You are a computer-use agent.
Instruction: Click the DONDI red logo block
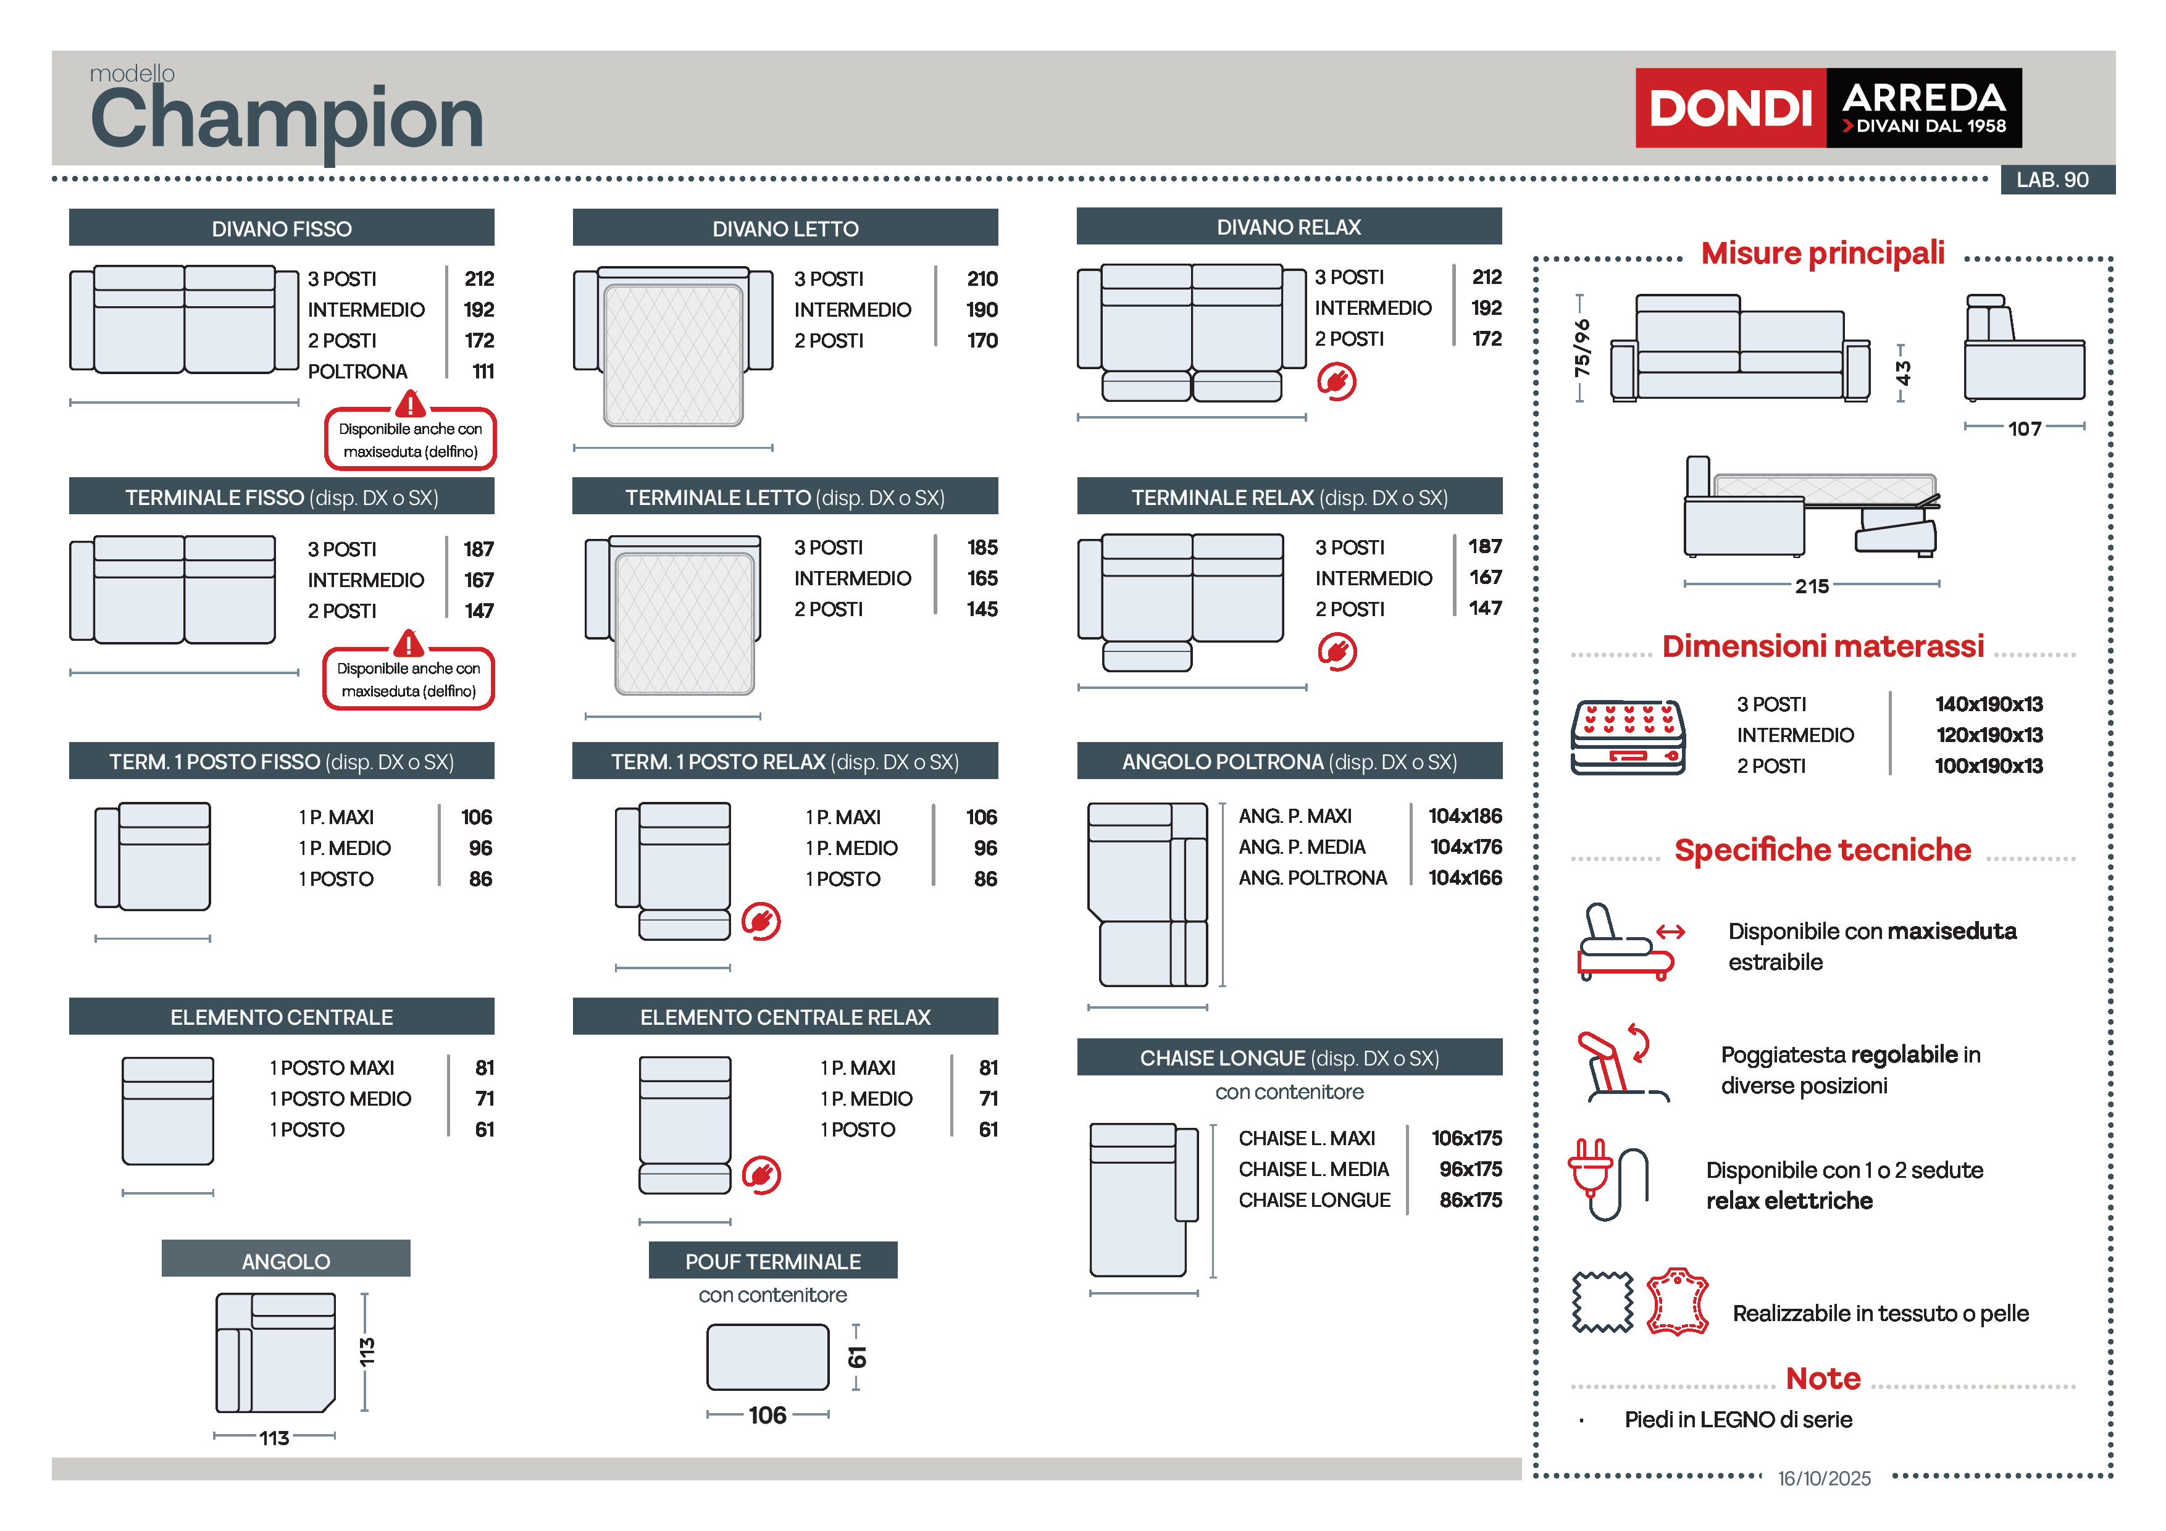point(1729,107)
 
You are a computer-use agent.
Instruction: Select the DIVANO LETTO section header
point(785,228)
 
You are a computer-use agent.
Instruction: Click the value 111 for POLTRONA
point(483,372)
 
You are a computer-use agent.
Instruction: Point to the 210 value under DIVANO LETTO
point(981,279)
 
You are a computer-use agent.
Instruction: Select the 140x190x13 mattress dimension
point(1989,704)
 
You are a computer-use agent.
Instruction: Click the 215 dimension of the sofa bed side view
point(1812,586)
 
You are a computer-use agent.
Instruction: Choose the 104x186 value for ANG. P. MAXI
point(1464,816)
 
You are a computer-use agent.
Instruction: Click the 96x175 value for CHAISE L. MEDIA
point(1470,1170)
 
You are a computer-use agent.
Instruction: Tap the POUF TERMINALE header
point(772,1261)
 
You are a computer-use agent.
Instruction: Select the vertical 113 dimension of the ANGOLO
point(367,1352)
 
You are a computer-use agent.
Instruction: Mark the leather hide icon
point(1678,1303)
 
